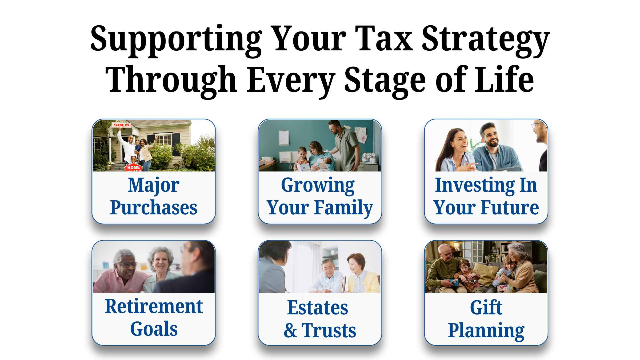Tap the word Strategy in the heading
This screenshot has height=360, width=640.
pos(486,41)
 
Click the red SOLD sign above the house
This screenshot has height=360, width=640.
pos(121,125)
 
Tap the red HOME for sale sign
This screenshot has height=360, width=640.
pos(133,167)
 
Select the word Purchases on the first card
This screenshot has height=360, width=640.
pos(154,208)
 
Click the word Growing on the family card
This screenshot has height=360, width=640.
pos(318,186)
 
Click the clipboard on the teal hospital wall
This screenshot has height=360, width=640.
pos(284,138)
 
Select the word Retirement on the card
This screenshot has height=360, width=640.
pos(154,306)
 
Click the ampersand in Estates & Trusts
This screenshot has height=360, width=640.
pos(290,331)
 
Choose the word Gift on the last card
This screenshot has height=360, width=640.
pos(486,307)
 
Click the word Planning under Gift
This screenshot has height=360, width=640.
pos(486,331)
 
